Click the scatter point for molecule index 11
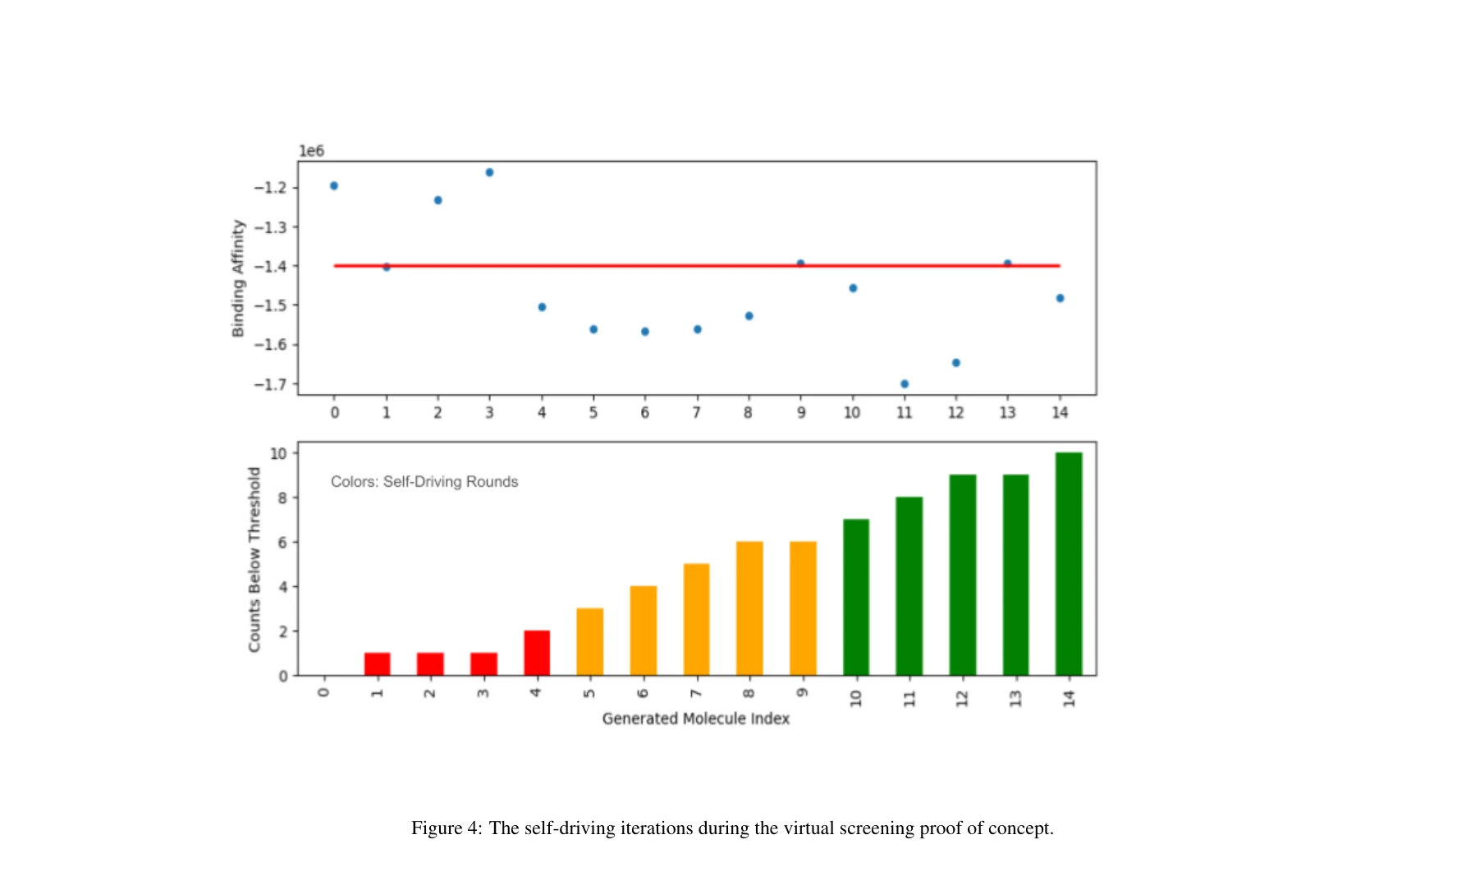click(905, 384)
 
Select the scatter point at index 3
click(490, 172)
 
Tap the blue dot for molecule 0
click(334, 186)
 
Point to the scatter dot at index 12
click(956, 363)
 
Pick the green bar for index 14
click(1069, 564)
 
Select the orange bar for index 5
click(589, 642)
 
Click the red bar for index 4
click(537, 653)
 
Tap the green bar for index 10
click(856, 597)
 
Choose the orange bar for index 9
click(803, 608)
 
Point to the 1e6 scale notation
click(311, 151)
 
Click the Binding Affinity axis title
click(238, 278)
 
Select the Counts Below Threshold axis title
click(254, 560)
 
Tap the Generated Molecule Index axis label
click(695, 719)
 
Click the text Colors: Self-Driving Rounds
click(424, 482)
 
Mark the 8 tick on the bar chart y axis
click(282, 498)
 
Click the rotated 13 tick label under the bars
click(1015, 699)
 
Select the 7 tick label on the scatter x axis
click(697, 412)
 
